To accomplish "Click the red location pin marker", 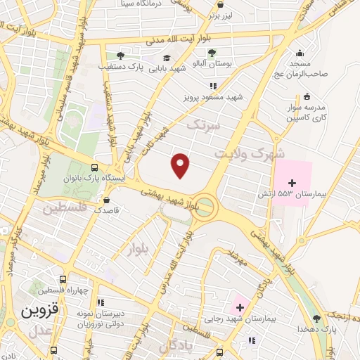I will pos(181,165).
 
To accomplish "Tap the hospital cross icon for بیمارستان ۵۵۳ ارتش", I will pos(292,183).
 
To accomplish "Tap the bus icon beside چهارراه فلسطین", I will pos(63,279).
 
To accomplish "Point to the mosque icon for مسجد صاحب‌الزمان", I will pos(300,53).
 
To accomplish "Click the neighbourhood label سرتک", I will pos(204,124).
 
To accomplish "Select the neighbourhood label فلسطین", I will pos(63,209).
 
